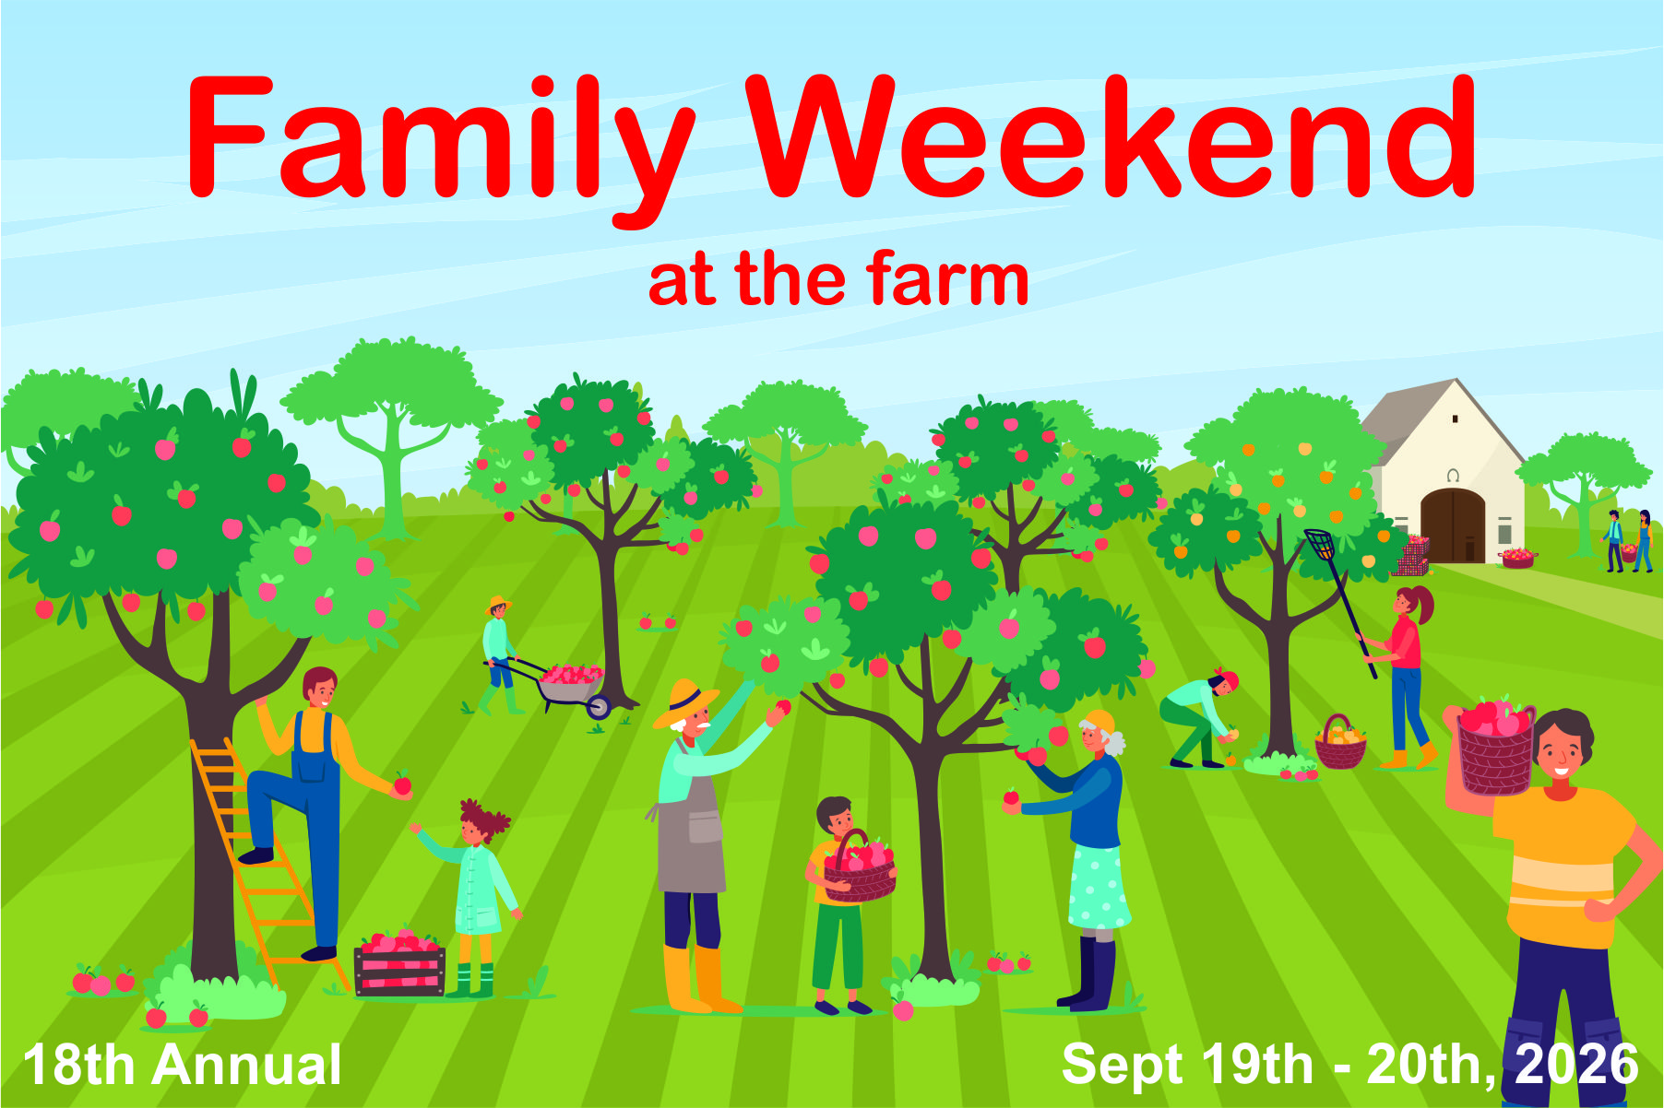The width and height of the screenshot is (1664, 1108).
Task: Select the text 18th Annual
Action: tap(183, 1065)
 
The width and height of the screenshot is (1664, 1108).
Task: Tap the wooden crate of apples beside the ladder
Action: tap(399, 962)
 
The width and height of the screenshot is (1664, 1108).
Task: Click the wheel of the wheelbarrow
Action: tap(599, 707)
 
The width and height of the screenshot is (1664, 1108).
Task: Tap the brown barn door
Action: tap(1453, 525)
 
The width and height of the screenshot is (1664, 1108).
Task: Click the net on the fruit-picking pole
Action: tap(1320, 544)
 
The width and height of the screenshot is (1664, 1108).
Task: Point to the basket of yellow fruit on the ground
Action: tap(1340, 744)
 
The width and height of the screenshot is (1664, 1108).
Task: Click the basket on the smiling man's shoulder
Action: tap(1496, 748)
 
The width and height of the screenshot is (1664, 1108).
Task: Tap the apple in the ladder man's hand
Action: tap(401, 783)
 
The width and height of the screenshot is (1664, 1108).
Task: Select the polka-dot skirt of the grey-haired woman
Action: tap(1098, 887)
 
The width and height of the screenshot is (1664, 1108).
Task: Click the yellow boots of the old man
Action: tap(701, 978)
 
